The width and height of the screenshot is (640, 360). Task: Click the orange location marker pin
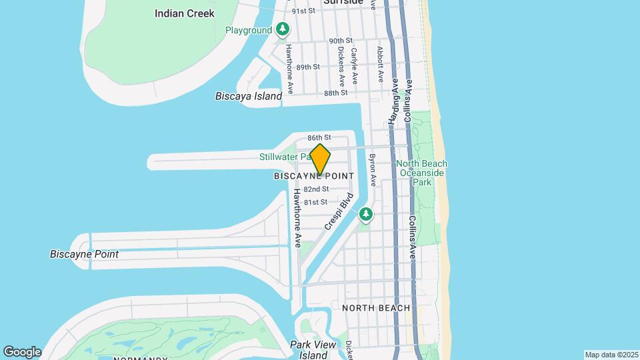[320, 159]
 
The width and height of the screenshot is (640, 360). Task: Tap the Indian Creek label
[184, 13]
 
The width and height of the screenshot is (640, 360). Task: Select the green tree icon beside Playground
[283, 29]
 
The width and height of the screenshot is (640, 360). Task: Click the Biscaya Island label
[249, 96]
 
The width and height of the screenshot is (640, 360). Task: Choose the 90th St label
[340, 41]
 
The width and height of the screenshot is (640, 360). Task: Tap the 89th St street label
[308, 67]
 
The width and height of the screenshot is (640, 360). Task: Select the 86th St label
[319, 137]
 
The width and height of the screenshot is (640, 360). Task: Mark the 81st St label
[315, 202]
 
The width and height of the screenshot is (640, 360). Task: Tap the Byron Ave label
[373, 171]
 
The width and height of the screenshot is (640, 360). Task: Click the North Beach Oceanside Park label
[423, 173]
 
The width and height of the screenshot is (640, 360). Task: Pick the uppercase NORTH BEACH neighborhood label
[376, 308]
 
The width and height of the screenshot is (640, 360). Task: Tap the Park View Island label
[313, 350]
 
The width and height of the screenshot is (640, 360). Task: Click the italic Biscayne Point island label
[84, 254]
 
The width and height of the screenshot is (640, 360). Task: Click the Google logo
[22, 351]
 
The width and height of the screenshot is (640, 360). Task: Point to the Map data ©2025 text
[611, 355]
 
